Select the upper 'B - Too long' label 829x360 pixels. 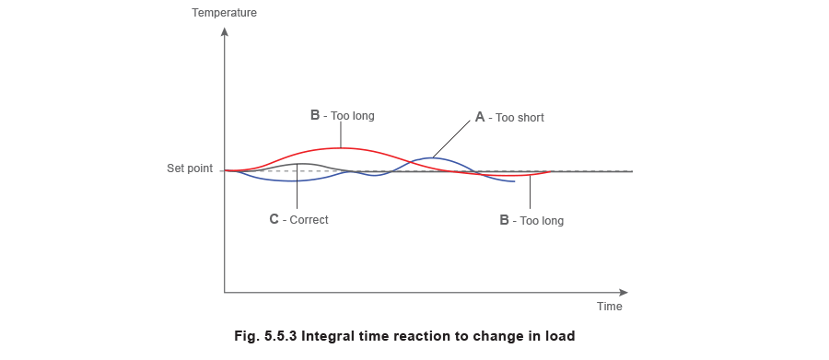tap(342, 116)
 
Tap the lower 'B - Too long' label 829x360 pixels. tap(531, 220)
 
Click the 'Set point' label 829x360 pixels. tap(191, 170)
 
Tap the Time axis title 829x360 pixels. tap(611, 304)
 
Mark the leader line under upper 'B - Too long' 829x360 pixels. tap(342, 134)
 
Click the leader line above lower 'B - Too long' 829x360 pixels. tap(531, 193)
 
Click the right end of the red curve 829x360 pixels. tap(550, 171)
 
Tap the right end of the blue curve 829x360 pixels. tap(514, 180)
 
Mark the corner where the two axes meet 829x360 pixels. tap(224, 294)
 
